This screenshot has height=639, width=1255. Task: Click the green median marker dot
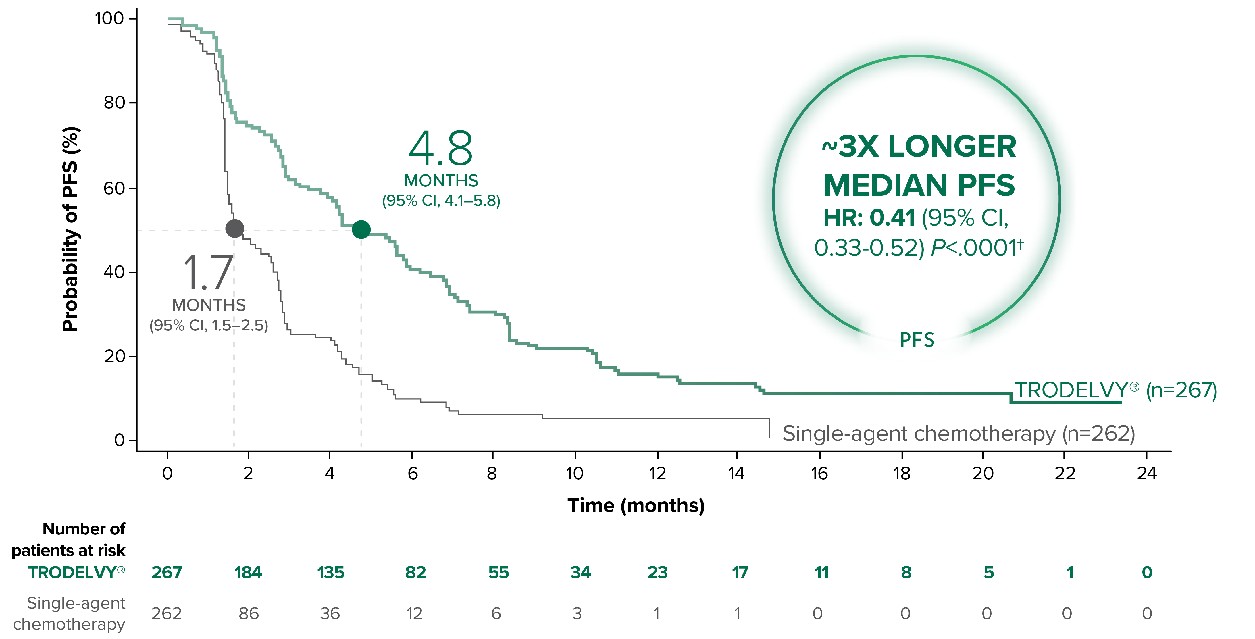pos(361,229)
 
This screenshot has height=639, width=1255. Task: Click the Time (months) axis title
pos(636,506)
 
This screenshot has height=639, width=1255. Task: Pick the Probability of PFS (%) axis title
pos(71,229)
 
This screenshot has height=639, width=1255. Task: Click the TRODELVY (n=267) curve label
pos(1116,390)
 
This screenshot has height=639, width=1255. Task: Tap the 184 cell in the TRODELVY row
pos(248,572)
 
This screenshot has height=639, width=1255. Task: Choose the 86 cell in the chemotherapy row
pos(249,613)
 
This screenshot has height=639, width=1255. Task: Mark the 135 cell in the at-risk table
pos(330,572)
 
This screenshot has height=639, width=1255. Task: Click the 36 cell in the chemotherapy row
pos(330,613)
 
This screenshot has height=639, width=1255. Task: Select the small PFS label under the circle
pos(917,340)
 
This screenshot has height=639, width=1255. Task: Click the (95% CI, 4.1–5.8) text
pos(441,201)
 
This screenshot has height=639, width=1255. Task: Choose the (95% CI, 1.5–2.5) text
pos(209,325)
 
